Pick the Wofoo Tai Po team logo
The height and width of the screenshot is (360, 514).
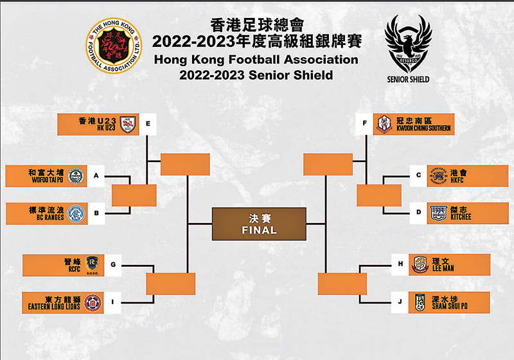(x=75, y=175)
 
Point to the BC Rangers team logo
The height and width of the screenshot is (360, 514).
(x=75, y=213)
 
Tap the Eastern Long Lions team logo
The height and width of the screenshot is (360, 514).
(x=93, y=302)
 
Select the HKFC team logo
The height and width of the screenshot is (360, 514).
(x=437, y=175)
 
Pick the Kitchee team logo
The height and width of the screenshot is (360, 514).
(x=438, y=213)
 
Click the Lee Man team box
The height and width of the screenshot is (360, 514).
(x=449, y=264)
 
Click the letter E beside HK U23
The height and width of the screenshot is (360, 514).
(x=148, y=123)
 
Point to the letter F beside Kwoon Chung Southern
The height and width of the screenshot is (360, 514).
(x=364, y=123)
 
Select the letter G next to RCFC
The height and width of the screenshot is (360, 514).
(x=112, y=264)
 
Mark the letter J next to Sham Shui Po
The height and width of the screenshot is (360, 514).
(x=400, y=302)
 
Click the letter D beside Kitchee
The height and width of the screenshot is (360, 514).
(x=418, y=213)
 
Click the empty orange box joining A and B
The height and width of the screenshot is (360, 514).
(x=134, y=195)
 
